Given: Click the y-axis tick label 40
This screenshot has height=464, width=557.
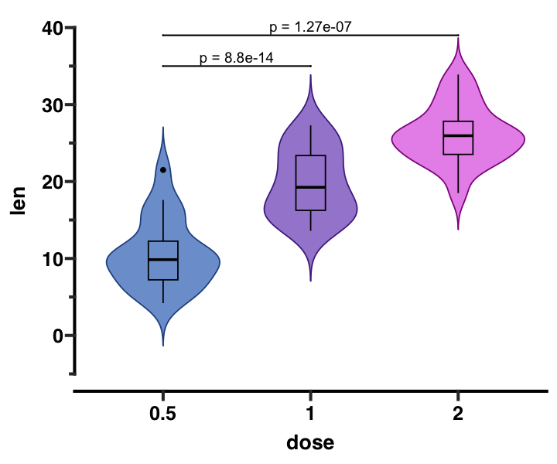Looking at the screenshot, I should click(53, 29).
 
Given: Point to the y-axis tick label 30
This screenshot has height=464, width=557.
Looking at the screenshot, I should click(53, 105).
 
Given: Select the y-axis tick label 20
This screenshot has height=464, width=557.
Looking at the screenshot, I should click(53, 182).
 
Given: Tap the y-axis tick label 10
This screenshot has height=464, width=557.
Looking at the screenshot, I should click(53, 258).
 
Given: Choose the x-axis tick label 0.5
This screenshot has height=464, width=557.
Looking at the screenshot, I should click(162, 414).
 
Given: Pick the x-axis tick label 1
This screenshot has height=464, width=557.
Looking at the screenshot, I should click(310, 414).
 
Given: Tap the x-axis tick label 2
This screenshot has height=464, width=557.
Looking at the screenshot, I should click(458, 414).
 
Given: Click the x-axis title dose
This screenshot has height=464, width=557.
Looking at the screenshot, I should click(310, 442).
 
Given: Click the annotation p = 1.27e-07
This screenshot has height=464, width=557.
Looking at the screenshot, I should click(311, 27).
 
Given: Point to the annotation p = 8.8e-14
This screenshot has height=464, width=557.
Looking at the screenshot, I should click(236, 58).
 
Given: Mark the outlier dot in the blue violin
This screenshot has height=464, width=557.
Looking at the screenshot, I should click(163, 170).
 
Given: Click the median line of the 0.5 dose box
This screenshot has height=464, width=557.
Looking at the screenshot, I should click(162, 259).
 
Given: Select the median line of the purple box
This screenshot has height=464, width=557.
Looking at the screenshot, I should click(310, 187).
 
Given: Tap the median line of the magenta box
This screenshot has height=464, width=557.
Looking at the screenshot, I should click(458, 136).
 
